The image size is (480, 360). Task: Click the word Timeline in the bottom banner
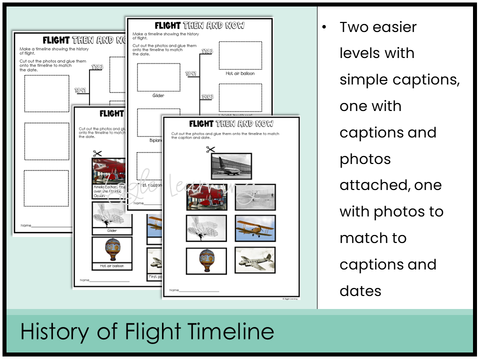pos(231,331)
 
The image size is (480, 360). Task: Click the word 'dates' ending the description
pos(360,290)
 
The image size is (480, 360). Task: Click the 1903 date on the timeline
pos(207,97)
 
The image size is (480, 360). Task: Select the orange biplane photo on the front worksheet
pos(255,228)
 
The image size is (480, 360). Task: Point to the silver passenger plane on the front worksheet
pos(255,260)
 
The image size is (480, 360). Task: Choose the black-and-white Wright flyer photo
pos(255,197)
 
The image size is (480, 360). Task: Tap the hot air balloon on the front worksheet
pos(206,260)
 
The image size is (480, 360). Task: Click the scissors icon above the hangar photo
pos(210,149)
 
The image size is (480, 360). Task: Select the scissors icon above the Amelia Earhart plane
pos(97,154)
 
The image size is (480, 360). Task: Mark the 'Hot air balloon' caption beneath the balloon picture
pos(112,266)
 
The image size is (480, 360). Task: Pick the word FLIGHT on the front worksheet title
pos(201,123)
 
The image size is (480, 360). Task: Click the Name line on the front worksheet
pos(198,290)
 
